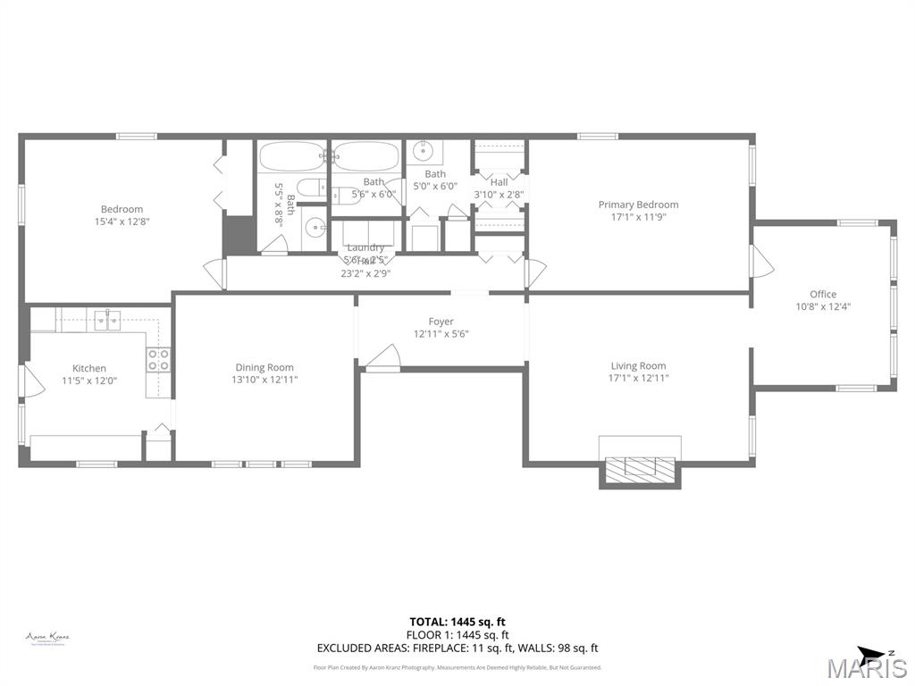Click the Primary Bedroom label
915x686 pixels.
pyautogui.click(x=638, y=205)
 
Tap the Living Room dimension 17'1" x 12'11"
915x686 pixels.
pyautogui.click(x=638, y=378)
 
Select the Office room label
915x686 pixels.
pyautogui.click(x=823, y=294)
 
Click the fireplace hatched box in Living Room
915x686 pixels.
pyautogui.click(x=640, y=468)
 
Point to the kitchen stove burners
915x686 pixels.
pyautogui.click(x=158, y=360)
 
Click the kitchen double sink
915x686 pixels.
pyautogui.click(x=107, y=319)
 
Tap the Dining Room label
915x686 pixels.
pyautogui.click(x=264, y=367)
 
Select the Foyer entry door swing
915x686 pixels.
pyautogui.click(x=382, y=356)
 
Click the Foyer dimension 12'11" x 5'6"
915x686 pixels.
pyautogui.click(x=441, y=334)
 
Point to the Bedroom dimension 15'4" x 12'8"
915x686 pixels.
pyautogui.click(x=122, y=222)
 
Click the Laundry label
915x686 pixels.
pyautogui.click(x=365, y=247)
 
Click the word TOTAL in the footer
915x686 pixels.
pyautogui.click(x=427, y=622)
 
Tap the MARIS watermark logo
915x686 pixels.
pyautogui.click(x=866, y=667)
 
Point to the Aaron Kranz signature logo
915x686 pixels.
pyautogui.click(x=47, y=638)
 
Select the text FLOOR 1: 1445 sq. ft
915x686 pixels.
pyautogui.click(x=457, y=635)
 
